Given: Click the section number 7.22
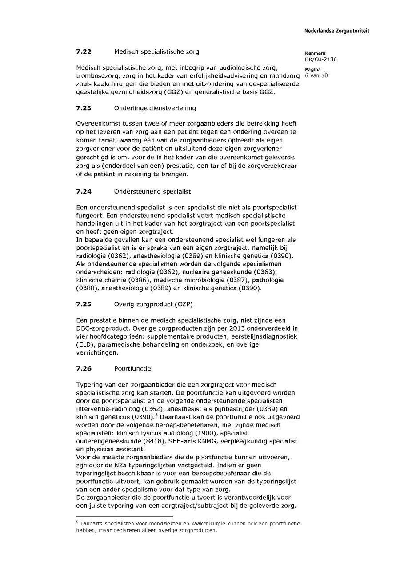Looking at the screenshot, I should (84, 52).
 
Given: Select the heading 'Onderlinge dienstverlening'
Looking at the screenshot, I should (155, 108).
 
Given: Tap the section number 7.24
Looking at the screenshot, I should (84, 191).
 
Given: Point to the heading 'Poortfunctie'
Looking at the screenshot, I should (132, 368).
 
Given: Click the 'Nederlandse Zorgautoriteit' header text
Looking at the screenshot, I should (336, 31).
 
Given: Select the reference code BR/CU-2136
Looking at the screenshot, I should (320, 59).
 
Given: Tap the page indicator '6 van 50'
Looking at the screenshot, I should (316, 75).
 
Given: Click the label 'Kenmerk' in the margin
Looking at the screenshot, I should (315, 54).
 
